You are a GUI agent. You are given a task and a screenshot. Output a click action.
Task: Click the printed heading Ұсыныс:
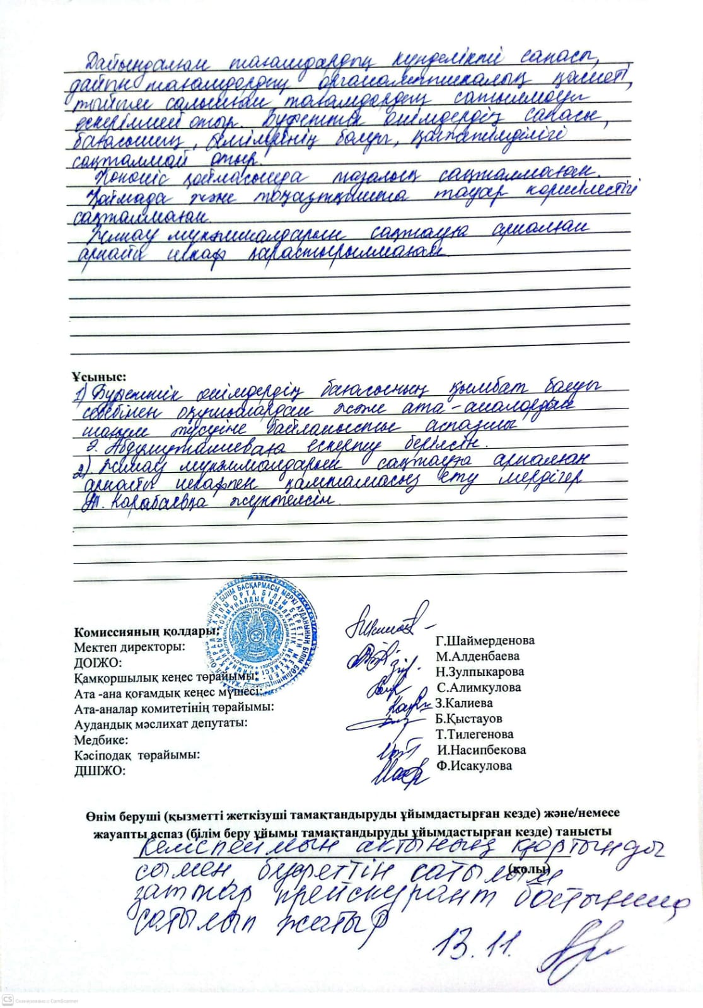[x=99, y=377]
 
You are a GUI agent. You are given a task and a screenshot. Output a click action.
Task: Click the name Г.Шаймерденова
[x=485, y=640]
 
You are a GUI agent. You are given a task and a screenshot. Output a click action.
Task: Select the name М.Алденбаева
[x=477, y=656]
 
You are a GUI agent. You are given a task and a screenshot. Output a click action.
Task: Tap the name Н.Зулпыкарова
[x=479, y=672]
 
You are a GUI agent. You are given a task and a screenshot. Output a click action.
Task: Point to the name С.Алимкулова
[x=479, y=688]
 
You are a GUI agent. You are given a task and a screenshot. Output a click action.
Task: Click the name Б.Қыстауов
[x=468, y=719]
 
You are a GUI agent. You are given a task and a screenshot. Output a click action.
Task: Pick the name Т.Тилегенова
[x=474, y=734]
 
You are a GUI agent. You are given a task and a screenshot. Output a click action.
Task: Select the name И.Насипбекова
[x=481, y=750]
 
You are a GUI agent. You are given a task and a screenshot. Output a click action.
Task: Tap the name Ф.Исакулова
[x=474, y=766]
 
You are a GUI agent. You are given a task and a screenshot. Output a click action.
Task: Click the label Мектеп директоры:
[x=129, y=647]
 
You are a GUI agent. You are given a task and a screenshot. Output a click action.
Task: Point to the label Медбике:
[x=101, y=739]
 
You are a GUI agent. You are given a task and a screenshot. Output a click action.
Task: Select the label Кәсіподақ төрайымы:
[x=137, y=755]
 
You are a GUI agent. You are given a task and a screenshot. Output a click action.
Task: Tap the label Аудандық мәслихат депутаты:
[x=160, y=724]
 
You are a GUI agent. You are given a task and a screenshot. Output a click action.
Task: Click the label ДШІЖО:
[x=100, y=770]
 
